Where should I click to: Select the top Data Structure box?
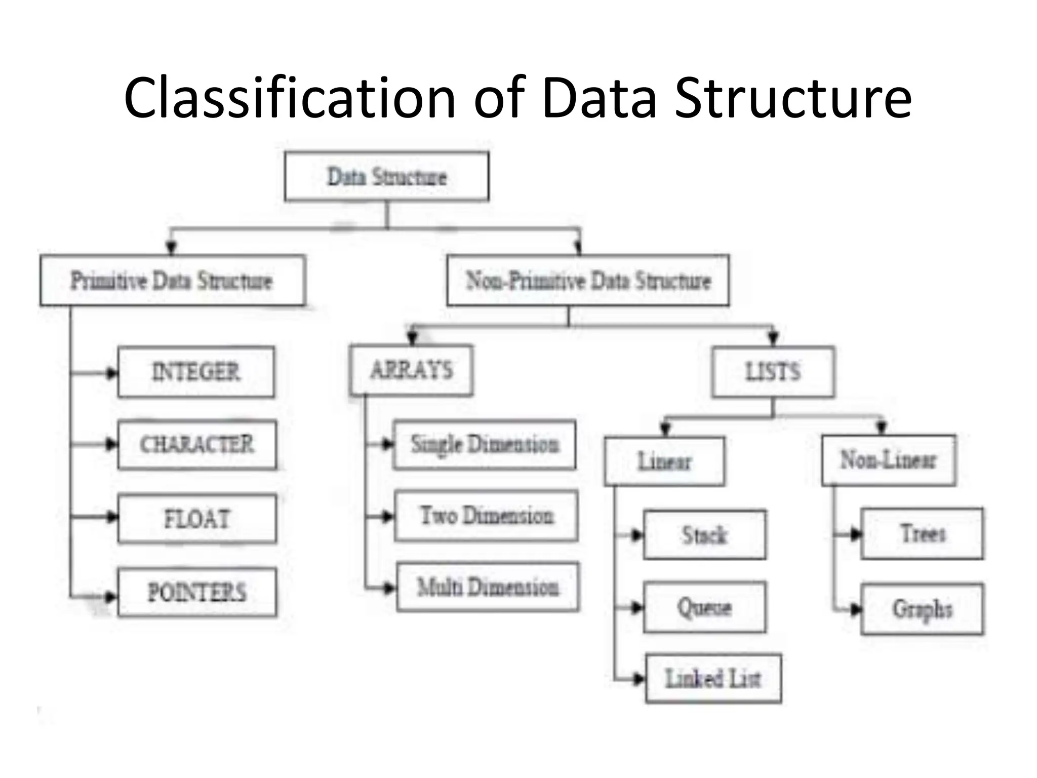387,177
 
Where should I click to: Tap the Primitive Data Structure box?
172,280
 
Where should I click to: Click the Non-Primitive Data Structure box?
588,280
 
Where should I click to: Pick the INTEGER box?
196,372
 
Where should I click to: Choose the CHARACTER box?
197,445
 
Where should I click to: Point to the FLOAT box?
197,519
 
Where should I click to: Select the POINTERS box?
197,592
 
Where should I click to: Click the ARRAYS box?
411,370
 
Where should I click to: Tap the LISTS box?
773,372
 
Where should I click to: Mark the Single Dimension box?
485,445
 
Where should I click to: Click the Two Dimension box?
486,516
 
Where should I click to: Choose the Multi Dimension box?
488,587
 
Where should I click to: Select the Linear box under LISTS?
664,461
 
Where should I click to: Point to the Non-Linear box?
889,460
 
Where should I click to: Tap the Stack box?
704,535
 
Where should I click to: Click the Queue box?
704,607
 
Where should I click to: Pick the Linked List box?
713,679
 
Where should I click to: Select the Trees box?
922,533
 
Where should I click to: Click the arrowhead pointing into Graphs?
855,609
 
